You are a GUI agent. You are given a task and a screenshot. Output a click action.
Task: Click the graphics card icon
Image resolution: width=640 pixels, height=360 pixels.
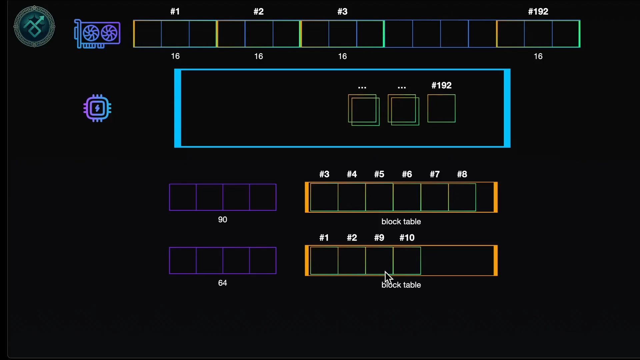click(97, 34)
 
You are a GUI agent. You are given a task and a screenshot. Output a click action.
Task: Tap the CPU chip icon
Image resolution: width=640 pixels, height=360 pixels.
click(97, 108)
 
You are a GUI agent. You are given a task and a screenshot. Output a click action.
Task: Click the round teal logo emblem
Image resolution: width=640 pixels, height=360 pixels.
click(34, 26)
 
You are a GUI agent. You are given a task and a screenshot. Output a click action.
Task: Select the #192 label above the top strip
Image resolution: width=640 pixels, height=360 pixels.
click(538, 12)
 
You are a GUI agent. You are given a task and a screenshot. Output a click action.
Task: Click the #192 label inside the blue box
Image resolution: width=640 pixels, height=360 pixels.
click(441, 85)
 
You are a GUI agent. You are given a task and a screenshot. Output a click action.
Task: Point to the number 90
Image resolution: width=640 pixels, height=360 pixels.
click(222, 220)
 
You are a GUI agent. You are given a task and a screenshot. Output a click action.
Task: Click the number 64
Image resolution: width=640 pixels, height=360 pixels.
click(222, 283)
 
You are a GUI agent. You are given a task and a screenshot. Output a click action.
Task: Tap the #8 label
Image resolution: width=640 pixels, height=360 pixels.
click(462, 174)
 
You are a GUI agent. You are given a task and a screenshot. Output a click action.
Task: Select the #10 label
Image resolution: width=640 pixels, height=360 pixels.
click(407, 238)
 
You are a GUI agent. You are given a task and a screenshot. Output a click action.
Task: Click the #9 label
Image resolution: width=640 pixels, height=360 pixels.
click(379, 238)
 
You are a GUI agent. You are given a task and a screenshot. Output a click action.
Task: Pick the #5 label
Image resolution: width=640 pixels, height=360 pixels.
click(379, 174)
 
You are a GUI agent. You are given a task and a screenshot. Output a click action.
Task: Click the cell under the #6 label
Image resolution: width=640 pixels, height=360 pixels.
click(407, 197)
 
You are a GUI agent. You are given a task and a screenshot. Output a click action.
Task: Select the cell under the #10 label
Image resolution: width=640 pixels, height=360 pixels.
click(407, 261)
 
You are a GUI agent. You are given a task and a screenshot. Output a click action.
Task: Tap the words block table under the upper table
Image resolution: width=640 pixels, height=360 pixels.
click(401, 222)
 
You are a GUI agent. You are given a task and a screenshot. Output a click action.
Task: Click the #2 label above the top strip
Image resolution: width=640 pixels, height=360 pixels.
click(259, 12)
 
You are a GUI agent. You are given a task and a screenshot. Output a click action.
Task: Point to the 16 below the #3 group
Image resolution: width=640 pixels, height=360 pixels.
click(342, 56)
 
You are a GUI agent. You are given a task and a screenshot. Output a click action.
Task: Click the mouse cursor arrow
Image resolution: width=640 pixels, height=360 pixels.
click(388, 277)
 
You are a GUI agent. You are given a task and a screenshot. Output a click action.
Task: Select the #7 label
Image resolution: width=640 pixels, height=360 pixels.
click(435, 174)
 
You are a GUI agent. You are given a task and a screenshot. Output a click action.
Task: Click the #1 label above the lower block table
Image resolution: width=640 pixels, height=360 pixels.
click(324, 238)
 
